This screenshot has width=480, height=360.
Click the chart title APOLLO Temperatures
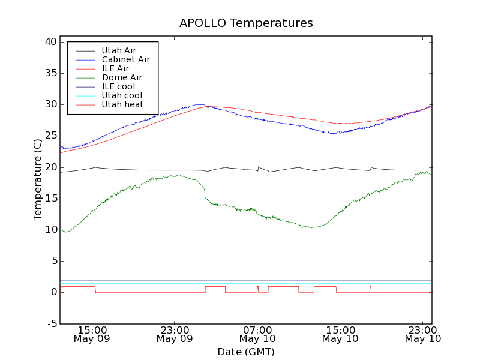pyautogui.click(x=246, y=23)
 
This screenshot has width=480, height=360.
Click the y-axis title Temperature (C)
pyautogui.click(x=38, y=179)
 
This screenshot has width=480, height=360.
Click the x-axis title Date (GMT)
pyautogui.click(x=246, y=352)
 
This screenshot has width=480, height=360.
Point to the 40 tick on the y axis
pyautogui.click(x=50, y=42)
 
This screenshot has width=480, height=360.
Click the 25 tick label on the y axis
pyautogui.click(x=50, y=136)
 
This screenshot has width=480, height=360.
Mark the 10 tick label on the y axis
pyautogui.click(x=50, y=230)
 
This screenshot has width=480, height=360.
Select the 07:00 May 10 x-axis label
pyautogui.click(x=257, y=334)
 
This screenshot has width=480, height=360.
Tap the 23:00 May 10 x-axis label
pyautogui.click(x=423, y=334)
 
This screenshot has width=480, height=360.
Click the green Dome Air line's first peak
pyautogui.click(x=178, y=175)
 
